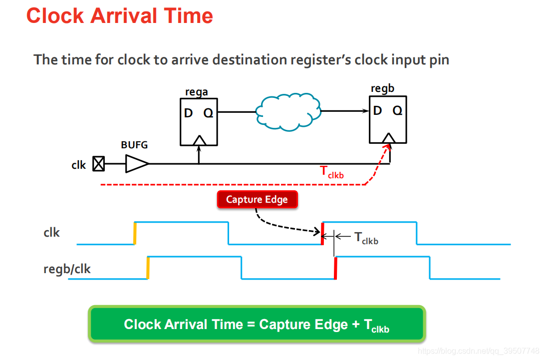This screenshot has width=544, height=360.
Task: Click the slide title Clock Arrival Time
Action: (119, 16)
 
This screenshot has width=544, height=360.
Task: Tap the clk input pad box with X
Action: (99, 164)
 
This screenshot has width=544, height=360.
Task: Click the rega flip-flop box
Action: (199, 122)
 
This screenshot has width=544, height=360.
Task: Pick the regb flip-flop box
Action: (388, 119)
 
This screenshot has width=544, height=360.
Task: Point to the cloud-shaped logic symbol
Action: (288, 112)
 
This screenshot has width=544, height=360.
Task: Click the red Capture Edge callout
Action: (257, 200)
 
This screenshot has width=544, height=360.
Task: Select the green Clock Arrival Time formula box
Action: (257, 325)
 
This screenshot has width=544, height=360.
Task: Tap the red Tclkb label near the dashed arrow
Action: (331, 172)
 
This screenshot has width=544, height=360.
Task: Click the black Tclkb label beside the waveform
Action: (366, 238)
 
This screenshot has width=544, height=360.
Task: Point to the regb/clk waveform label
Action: (67, 269)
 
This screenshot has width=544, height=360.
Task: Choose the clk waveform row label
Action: (52, 233)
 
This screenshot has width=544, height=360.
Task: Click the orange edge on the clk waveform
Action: (135, 233)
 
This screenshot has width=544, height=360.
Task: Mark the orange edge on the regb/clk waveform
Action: (148, 268)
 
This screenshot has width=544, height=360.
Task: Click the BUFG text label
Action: (134, 145)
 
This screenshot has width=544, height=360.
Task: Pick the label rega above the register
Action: (196, 92)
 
